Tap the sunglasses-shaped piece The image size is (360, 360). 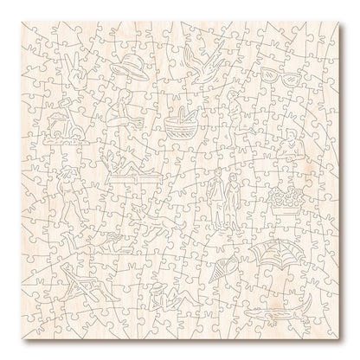[287, 74]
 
